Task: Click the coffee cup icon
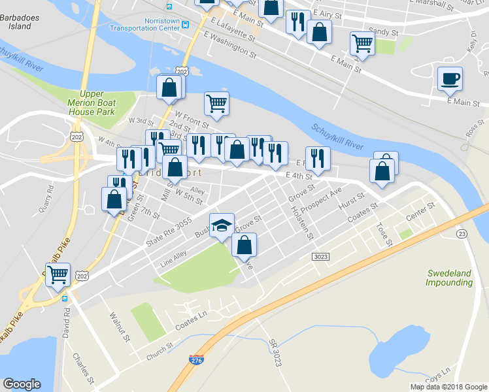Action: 450,79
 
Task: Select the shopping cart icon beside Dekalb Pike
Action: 58,275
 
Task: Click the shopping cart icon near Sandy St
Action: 362,44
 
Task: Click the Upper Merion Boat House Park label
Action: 92,103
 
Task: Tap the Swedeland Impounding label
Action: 449,278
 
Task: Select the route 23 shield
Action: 462,233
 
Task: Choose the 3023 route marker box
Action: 320,257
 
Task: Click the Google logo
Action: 22,384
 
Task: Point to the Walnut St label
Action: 121,326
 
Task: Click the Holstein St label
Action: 302,223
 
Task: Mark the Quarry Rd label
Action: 46,199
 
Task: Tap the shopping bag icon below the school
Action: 244,246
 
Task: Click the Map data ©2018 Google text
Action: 448,387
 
